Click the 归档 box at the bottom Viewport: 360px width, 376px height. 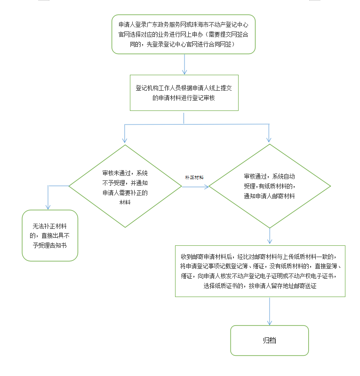tap(269, 340)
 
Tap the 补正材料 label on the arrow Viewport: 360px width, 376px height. tap(194, 177)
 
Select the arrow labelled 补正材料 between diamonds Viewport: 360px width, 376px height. tap(195, 187)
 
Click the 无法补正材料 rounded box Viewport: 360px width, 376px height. tap(50, 235)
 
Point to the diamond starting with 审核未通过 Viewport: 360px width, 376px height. tap(125, 186)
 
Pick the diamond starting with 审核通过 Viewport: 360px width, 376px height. tap(270, 186)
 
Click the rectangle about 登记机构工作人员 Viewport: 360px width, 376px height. tap(184, 93)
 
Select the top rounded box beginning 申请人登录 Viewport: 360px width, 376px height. tap(184, 34)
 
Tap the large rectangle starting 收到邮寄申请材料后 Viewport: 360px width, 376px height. tap(260, 271)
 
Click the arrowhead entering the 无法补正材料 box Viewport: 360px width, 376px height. tap(48, 206)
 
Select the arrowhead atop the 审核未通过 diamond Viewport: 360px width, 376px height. tap(125, 140)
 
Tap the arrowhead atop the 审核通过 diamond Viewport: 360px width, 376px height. tap(269, 140)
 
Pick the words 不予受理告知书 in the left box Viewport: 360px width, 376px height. tap(50, 244)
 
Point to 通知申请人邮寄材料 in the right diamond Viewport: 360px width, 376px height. tap(270, 196)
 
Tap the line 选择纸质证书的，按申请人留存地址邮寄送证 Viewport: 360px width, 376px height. tap(260, 285)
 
